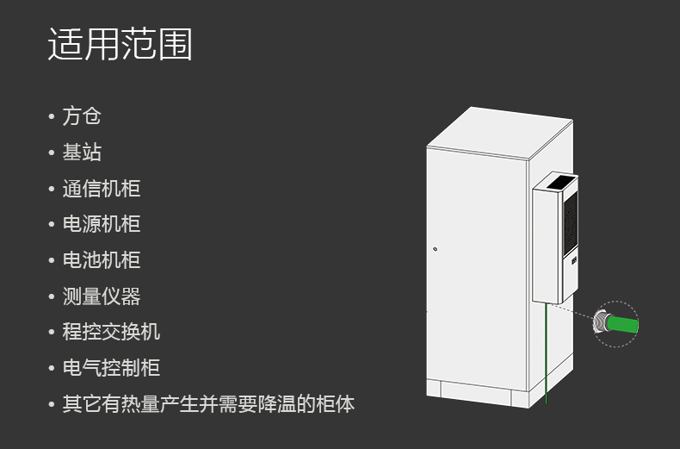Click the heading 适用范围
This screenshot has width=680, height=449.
click(x=120, y=43)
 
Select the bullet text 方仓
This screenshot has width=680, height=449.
click(x=82, y=116)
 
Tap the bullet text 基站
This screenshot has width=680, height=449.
click(x=82, y=152)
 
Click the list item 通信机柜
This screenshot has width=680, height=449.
click(x=101, y=188)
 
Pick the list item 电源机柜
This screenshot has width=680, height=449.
click(x=101, y=224)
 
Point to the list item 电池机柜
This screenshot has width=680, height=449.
click(x=101, y=259)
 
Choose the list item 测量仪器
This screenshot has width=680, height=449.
click(x=101, y=296)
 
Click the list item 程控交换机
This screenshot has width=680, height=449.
click(x=111, y=331)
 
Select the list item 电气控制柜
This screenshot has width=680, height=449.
click(x=111, y=367)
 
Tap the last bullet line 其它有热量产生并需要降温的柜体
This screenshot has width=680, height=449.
click(x=208, y=403)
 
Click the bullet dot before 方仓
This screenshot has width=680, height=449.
click(x=52, y=116)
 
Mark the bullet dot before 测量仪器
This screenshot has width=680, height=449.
click(x=52, y=296)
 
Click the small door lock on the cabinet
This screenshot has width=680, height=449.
click(x=435, y=249)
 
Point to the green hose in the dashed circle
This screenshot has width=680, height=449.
click(x=622, y=324)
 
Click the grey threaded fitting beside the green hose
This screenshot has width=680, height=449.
click(x=601, y=321)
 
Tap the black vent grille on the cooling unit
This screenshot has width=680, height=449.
click(x=571, y=223)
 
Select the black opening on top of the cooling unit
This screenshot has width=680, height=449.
click(x=559, y=182)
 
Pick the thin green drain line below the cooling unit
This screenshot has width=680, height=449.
click(x=546, y=353)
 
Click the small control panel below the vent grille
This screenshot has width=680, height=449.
click(x=574, y=260)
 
